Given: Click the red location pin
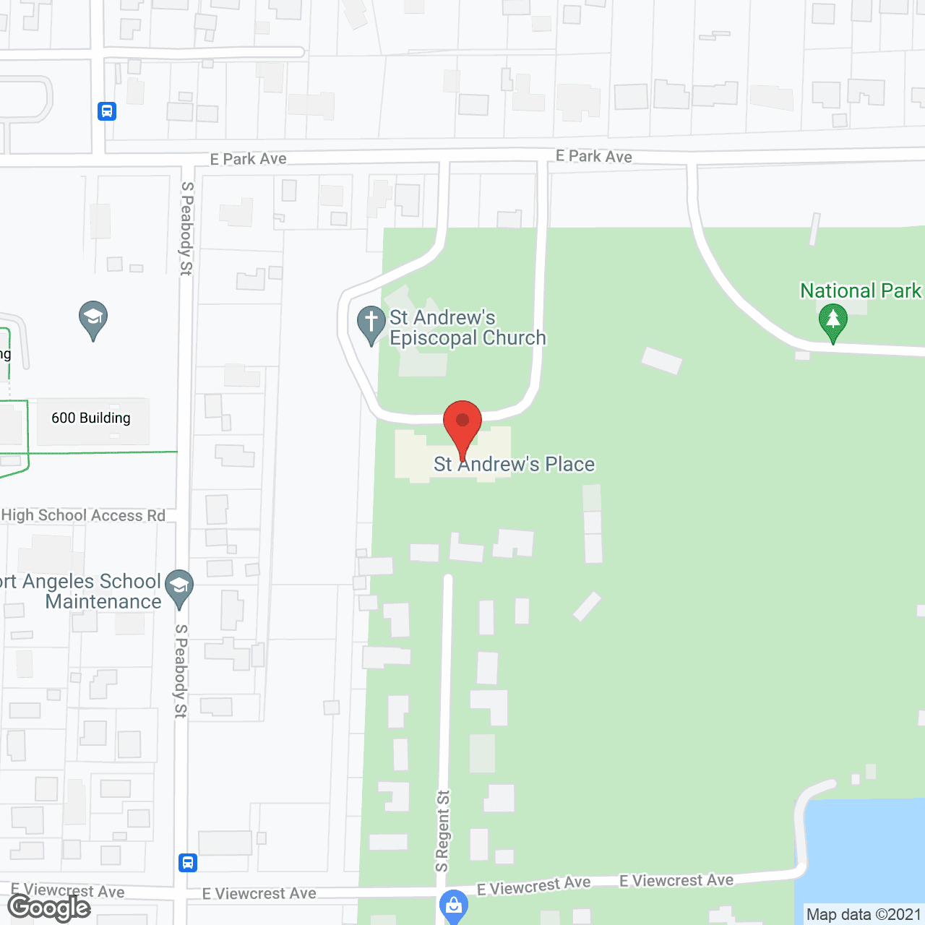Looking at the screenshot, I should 462,422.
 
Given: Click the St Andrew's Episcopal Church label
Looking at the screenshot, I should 467,328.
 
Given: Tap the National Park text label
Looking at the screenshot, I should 860,291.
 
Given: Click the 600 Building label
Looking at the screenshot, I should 91,418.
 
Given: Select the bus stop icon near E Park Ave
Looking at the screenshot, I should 107,111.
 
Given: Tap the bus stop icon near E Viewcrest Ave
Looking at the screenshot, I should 188,862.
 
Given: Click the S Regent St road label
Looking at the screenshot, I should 442,831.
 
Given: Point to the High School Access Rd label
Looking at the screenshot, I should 84,515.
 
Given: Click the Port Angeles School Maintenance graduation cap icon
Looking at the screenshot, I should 179,587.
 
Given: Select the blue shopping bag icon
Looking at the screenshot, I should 453,905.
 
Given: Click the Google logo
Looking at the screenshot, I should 49,908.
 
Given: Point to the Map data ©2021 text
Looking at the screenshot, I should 864,914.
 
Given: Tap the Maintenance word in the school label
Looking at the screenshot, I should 103,602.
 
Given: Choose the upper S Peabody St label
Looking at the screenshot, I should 186,228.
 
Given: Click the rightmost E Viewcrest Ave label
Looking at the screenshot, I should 676,880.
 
